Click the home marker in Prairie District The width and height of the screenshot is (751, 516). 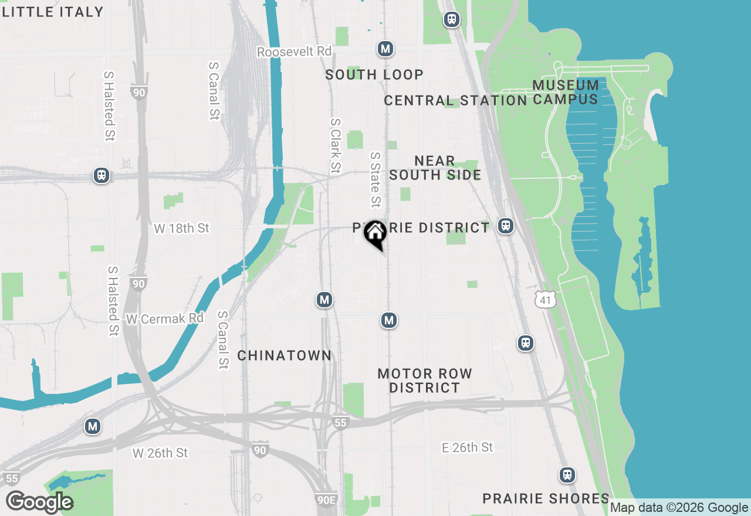tap(375, 233)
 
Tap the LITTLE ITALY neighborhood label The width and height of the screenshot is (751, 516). tap(52, 11)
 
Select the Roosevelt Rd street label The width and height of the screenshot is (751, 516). tap(295, 52)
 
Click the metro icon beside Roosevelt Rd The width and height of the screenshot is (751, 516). tap(385, 49)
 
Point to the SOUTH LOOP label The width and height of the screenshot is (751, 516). tap(374, 74)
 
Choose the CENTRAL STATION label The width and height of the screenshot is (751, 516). tap(455, 100)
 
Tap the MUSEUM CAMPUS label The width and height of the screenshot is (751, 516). tap(566, 92)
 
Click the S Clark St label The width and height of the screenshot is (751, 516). tap(335, 146)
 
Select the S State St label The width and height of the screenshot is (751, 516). tap(375, 180)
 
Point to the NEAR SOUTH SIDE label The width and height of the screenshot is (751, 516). tap(435, 168)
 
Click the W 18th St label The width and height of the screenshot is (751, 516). tap(181, 228)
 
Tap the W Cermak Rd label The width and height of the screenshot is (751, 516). tap(164, 318)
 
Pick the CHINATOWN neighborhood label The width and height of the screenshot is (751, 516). tap(285, 355)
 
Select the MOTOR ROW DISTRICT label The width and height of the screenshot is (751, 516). tap(425, 381)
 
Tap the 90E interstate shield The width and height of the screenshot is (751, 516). tap(326, 499)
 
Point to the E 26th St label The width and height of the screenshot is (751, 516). tap(467, 447)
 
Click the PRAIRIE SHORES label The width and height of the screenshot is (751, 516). tap(546, 498)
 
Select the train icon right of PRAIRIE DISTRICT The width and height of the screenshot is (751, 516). tap(505, 226)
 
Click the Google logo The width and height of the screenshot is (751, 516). tap(39, 503)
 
